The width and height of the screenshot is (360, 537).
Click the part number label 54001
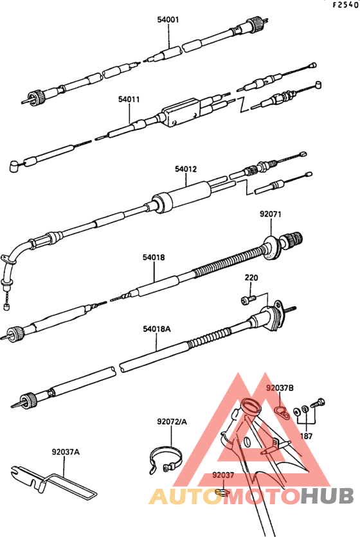168,19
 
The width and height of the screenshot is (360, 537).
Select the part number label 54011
129,99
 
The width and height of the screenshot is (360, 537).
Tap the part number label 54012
186,169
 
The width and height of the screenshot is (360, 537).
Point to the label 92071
271,214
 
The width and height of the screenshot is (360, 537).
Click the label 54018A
157,329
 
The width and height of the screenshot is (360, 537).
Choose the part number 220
251,277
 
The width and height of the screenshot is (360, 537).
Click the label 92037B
280,388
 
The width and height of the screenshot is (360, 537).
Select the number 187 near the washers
306,436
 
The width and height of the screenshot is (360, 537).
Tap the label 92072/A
172,422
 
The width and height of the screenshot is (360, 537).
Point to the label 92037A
66,452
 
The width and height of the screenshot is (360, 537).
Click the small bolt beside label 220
248,300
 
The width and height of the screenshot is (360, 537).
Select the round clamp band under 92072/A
166,459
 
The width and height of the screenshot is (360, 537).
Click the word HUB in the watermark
327,496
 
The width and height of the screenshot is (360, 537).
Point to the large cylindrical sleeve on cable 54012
181,198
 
